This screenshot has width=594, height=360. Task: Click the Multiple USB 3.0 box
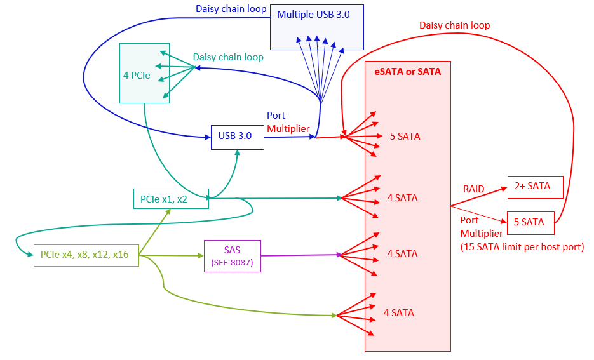point(316,27)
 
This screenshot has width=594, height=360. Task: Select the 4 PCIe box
point(144,73)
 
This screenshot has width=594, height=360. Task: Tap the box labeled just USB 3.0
point(238,137)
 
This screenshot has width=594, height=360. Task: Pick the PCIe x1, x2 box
point(170,198)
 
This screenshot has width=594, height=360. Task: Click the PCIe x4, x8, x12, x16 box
point(86,255)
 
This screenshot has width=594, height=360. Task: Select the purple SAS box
point(233,256)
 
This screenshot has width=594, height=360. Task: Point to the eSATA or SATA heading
point(407,72)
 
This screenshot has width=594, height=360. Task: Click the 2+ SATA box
point(535,186)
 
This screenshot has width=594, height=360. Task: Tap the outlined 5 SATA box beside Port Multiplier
point(530,222)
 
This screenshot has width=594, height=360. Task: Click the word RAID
point(473,189)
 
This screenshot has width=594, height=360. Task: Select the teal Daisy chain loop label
point(228,57)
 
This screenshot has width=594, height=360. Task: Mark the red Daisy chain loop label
point(454,25)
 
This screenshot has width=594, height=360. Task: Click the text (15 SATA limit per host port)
point(522,246)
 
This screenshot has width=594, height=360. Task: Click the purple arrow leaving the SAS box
point(299,255)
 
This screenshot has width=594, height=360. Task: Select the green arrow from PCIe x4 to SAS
point(172,255)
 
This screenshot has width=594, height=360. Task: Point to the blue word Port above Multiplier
point(276,116)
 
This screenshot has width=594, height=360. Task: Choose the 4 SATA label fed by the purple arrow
point(402,254)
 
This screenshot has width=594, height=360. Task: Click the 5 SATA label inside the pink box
point(405,137)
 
